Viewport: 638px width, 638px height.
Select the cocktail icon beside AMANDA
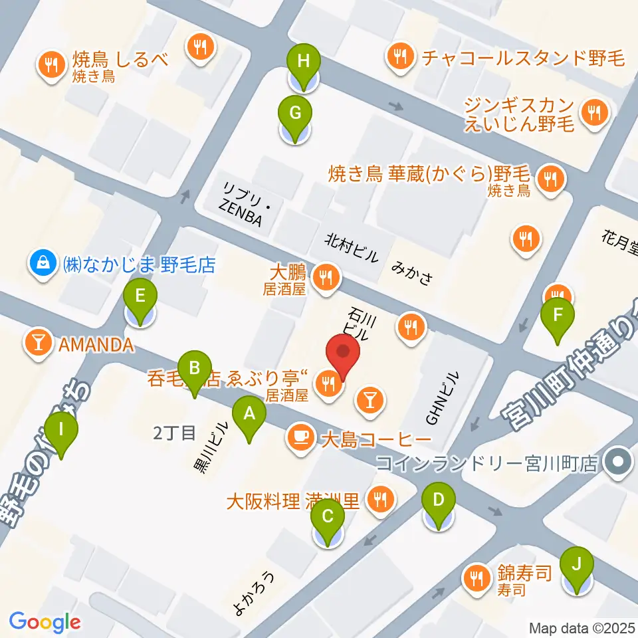(39, 344)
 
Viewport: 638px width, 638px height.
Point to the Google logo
(45, 622)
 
